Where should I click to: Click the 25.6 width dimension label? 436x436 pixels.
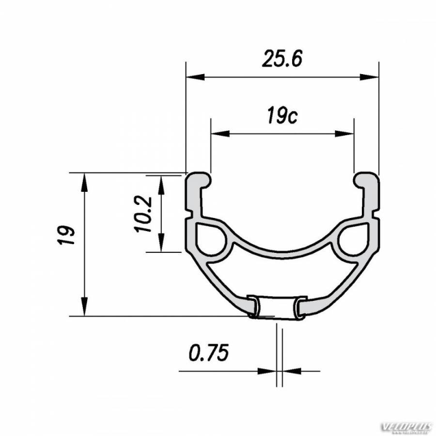point(282,59)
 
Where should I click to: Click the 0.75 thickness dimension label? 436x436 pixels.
point(208,353)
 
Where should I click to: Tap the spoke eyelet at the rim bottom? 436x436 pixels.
point(276,308)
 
